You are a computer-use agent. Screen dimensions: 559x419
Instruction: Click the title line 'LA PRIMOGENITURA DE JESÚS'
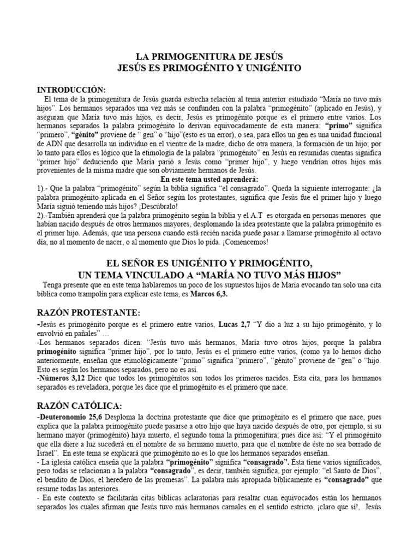coord(209,56)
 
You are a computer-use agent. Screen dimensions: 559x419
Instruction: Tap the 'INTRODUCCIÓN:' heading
coord(71,89)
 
